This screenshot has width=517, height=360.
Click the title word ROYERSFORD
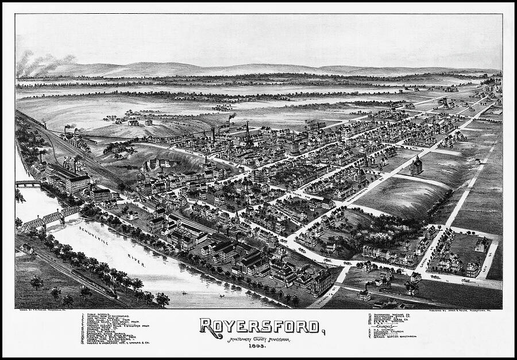259,326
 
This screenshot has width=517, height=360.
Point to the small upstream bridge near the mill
28,184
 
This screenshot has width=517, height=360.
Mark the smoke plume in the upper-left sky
43,61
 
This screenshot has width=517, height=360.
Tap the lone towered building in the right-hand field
416,165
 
